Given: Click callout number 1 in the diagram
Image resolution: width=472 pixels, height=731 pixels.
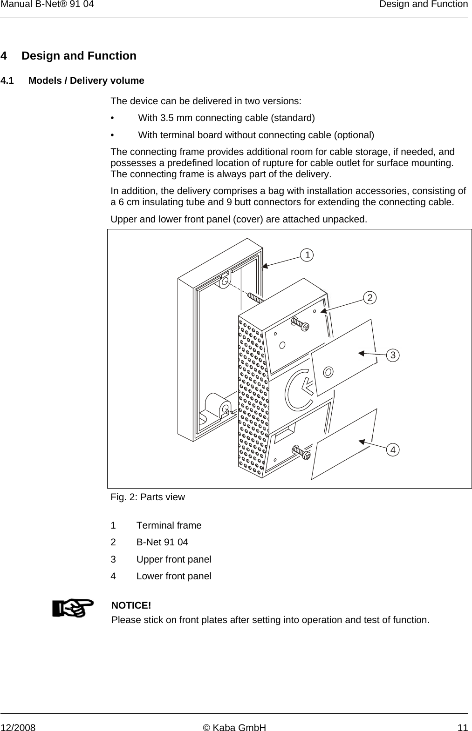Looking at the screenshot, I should pyautogui.click(x=307, y=255).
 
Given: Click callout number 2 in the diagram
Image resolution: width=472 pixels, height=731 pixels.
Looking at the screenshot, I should pyautogui.click(x=370, y=297).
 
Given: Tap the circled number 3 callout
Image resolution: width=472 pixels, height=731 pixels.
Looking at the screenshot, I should pyautogui.click(x=393, y=355).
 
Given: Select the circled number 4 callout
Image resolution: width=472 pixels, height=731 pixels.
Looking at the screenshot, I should pyautogui.click(x=393, y=449).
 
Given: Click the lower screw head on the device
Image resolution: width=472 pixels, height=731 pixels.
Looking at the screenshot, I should pyautogui.click(x=305, y=455).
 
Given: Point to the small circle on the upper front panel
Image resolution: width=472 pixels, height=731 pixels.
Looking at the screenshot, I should pyautogui.click(x=328, y=372).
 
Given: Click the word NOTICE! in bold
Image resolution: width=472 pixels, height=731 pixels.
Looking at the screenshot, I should pyautogui.click(x=131, y=605).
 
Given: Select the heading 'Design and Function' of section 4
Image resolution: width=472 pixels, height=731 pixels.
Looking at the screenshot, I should pyautogui.click(x=79, y=56).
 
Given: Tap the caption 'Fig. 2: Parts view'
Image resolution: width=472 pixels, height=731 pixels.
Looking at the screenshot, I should pyautogui.click(x=148, y=497).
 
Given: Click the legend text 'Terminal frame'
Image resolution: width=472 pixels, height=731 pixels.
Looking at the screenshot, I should pyautogui.click(x=169, y=525).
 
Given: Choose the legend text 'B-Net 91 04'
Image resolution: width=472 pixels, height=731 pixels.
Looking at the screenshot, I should pyautogui.click(x=162, y=542).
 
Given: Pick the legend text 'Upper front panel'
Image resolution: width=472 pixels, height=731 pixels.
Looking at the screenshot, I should pyautogui.click(x=174, y=559).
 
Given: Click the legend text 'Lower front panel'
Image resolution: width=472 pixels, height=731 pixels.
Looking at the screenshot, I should pyautogui.click(x=174, y=576).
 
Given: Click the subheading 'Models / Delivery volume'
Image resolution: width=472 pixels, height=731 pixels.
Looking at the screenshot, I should pyautogui.click(x=86, y=80).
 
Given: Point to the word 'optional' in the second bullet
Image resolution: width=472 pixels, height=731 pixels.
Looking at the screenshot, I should pyautogui.click(x=355, y=135).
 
